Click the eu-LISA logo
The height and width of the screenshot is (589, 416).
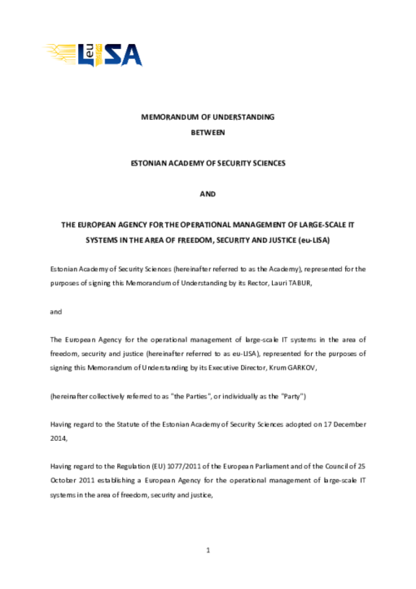[94, 53]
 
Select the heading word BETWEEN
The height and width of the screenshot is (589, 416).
[207, 132]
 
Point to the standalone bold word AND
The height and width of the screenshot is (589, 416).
[208, 194]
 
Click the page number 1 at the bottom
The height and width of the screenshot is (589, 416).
[208, 551]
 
